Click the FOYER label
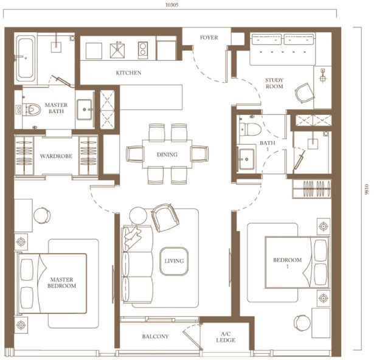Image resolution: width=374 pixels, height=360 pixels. pos(209,38)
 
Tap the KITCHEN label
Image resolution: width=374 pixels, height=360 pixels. pos(128,73)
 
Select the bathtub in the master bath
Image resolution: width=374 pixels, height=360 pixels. pos(25,58)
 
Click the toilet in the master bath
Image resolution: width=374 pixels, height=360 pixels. pos(33,109)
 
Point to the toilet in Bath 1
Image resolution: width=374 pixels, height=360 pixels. pos(250,129)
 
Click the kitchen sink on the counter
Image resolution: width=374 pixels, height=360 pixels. pos(117,50)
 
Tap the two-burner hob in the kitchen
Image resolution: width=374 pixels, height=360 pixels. pos(143,50)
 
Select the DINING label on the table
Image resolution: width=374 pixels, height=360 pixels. pos(167,154)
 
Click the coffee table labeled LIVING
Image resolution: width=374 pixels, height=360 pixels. pos(174,261)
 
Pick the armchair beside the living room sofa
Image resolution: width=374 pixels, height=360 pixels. pos(165,218)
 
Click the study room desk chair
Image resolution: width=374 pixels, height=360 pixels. pos(305,92)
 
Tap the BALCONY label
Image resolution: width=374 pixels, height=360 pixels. pos(155,336)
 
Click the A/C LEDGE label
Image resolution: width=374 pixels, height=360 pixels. pos(226,337)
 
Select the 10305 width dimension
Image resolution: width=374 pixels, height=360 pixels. pos(171,5)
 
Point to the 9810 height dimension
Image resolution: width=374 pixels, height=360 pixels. pos(367,189)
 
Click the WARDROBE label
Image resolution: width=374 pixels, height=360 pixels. pos(56,156)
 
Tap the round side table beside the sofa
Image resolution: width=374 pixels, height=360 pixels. pos(138,216)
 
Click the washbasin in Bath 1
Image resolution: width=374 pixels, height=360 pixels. pos(246,159)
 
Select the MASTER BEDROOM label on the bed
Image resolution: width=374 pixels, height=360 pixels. pos(61,283)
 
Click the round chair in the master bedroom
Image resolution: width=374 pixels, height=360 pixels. pos(42,215)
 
